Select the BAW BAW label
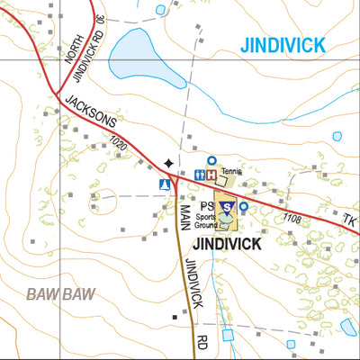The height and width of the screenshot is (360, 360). coord(60,294)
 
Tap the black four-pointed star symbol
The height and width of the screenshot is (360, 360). coord(167,162)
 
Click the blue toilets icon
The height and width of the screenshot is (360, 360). coord(200,175)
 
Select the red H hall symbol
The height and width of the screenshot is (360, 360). coord(211,175)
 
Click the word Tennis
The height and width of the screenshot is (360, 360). coord(232,169)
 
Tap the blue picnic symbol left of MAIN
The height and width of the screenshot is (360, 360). coord(165,184)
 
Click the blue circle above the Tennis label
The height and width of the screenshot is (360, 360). coord(211,159)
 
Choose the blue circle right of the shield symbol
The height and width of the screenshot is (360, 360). coord(243,206)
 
